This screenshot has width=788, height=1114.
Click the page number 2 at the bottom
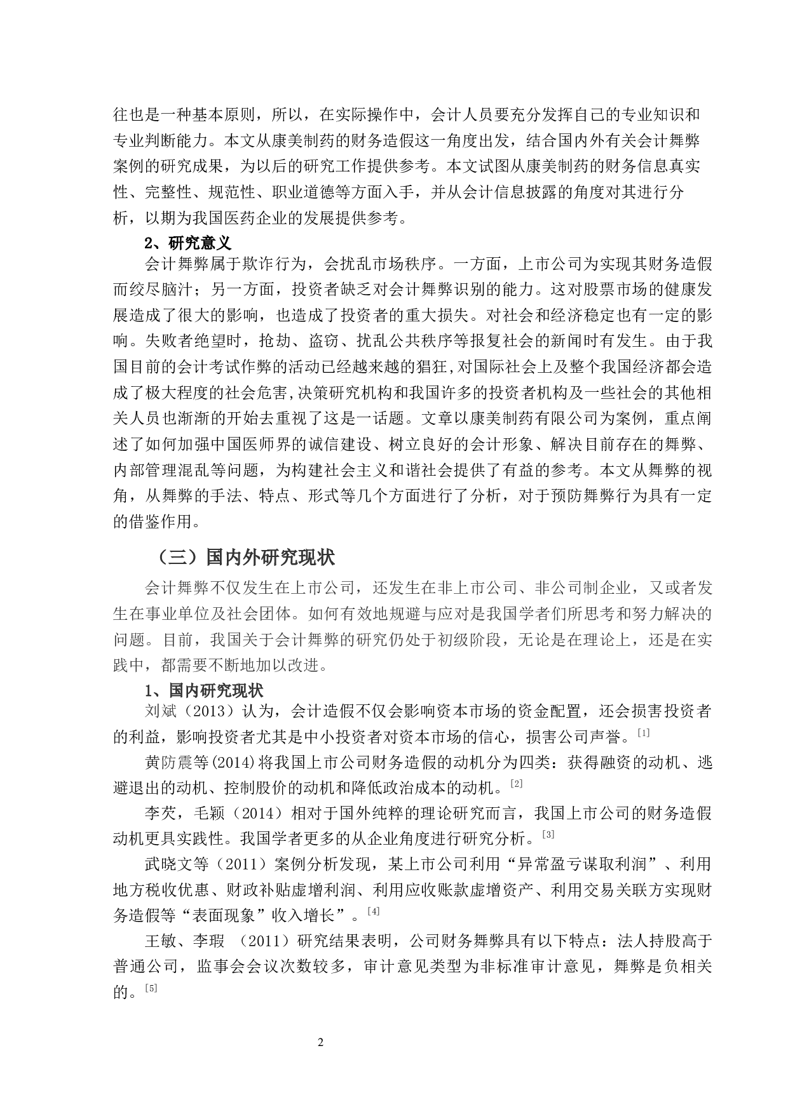point(321,1043)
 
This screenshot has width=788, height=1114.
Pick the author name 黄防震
point(169,762)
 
